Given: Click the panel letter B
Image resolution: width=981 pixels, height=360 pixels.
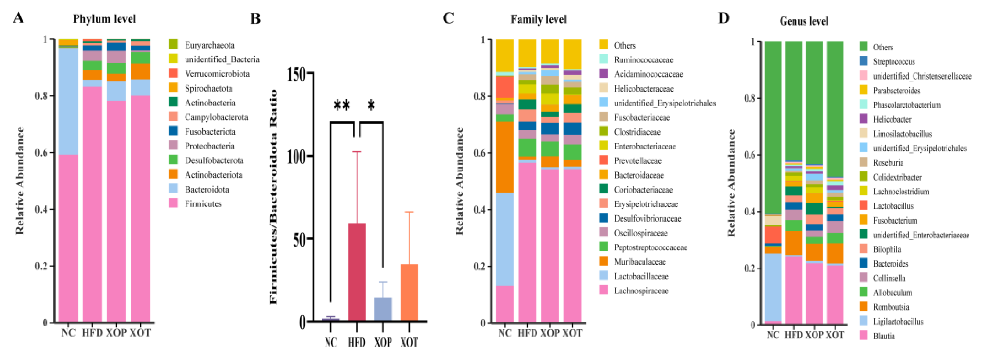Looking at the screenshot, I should tap(255, 19).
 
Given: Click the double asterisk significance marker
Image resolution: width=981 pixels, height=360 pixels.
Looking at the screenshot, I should tap(342, 105).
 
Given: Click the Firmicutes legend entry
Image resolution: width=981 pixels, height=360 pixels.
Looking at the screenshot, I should tap(203, 204).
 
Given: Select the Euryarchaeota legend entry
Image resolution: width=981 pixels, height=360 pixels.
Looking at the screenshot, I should tap(209, 45).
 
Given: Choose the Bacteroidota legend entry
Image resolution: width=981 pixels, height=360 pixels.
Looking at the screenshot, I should tap(206, 189).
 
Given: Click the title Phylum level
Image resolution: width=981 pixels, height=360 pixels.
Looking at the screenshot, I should tap(104, 19).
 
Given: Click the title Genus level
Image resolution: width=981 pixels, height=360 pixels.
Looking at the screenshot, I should tap(803, 21).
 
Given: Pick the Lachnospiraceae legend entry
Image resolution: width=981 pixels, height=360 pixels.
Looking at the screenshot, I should tap(641, 291).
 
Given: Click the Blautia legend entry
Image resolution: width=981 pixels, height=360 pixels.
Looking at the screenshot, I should tap(883, 336).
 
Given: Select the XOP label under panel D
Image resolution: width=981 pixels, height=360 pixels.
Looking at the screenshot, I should tap(814, 335).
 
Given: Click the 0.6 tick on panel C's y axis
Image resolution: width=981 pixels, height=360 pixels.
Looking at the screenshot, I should tap(479, 153).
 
